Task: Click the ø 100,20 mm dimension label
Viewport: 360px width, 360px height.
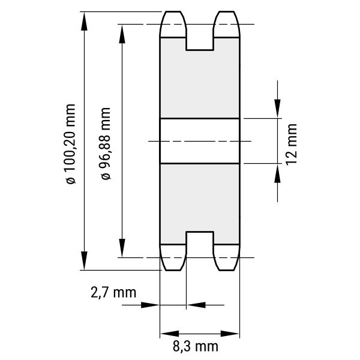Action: [70, 144]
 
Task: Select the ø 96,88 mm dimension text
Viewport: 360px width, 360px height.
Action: [106, 143]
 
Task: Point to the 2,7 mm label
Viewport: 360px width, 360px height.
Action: [113, 293]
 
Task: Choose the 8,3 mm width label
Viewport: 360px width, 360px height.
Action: [196, 346]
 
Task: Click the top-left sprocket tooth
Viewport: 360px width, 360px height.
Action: [173, 24]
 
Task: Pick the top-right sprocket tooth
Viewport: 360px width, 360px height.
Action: [227, 24]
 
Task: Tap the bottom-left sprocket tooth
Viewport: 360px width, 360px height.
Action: [173, 257]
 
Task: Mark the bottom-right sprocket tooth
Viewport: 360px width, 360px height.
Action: [227, 257]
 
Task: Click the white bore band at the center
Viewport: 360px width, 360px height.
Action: [200, 141]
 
